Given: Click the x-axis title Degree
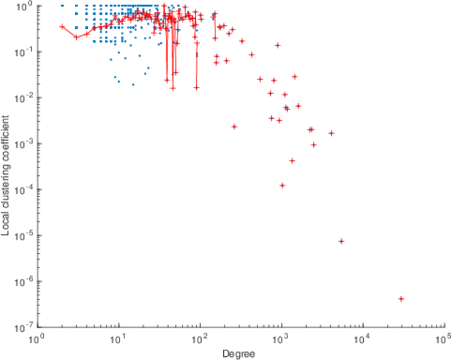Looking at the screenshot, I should (x=238, y=354).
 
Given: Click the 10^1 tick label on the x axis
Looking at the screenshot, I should (x=118, y=340).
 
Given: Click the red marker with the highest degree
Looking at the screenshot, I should (x=401, y=299).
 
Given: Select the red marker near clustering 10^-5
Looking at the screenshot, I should (x=341, y=241).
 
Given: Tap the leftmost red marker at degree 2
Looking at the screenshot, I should (x=62, y=26).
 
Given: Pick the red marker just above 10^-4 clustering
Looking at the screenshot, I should (x=282, y=185).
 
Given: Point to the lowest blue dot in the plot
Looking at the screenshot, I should (x=133, y=85).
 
